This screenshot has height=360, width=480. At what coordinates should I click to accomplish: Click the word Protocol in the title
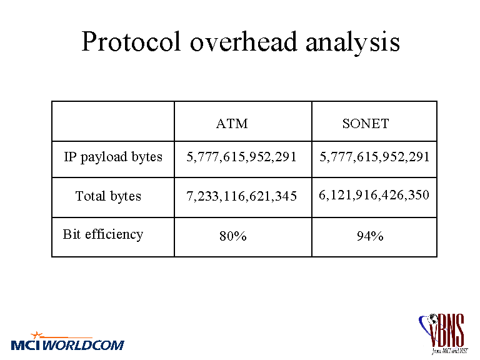[x=131, y=42]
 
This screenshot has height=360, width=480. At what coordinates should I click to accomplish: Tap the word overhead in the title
[x=243, y=42]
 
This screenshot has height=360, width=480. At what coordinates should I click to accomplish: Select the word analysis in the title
[x=352, y=44]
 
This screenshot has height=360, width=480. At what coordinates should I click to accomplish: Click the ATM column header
[x=232, y=124]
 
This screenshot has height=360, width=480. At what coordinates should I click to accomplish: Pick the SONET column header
[x=366, y=124]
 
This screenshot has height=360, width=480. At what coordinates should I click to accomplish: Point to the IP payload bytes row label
[x=113, y=157]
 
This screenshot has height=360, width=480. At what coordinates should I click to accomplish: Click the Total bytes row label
[x=108, y=196]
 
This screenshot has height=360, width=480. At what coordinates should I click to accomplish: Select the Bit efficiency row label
[x=103, y=234]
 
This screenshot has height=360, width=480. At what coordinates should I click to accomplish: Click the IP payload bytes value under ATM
[x=241, y=157]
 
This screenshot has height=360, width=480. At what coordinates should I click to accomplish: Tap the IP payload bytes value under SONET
[x=374, y=157]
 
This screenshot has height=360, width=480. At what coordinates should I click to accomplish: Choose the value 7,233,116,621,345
[x=241, y=196]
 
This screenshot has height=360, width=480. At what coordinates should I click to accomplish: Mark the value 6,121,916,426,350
[x=374, y=195]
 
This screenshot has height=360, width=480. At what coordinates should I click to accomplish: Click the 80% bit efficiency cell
[x=233, y=236]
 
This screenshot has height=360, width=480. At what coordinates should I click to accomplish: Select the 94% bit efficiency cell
[x=370, y=236]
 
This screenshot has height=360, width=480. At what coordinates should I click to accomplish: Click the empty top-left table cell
[x=113, y=121]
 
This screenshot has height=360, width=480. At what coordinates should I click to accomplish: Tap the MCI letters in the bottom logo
[x=26, y=345]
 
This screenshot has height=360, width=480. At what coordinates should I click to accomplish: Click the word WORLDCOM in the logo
[x=83, y=345]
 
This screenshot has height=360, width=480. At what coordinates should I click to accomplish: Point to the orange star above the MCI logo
[x=37, y=334]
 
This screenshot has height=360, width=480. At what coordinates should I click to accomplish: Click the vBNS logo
[x=443, y=334]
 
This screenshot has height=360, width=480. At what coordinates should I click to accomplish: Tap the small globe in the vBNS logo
[x=433, y=319]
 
